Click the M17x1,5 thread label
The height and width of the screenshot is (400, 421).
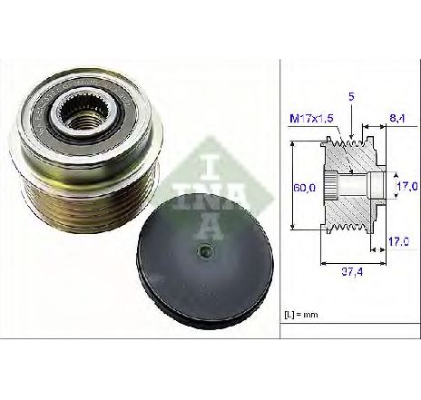311,118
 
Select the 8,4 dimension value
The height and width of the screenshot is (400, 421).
397,118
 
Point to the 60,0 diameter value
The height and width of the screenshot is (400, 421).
304,188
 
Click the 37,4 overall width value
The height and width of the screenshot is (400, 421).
352,272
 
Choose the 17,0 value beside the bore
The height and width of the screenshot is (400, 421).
407,186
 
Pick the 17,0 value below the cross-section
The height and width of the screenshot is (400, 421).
399,241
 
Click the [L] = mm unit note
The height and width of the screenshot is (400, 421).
301,315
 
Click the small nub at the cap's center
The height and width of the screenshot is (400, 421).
205,250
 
